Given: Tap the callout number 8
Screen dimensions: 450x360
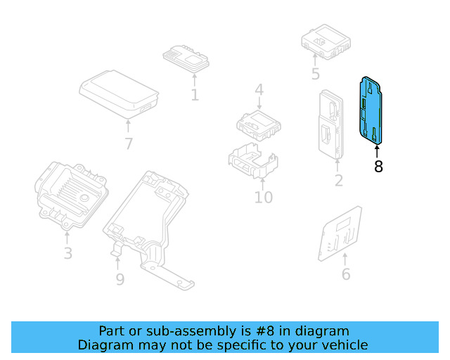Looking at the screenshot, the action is (x=378, y=167).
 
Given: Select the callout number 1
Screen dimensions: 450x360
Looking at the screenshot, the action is (x=195, y=94).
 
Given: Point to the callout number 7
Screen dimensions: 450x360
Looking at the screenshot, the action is (x=128, y=144).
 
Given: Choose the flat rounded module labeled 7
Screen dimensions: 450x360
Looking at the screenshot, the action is (x=118, y=91).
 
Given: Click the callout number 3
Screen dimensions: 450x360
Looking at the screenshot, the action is (x=67, y=252).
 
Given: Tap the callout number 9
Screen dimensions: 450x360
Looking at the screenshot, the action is (x=120, y=279).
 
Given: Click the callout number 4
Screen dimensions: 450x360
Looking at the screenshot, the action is (x=259, y=90).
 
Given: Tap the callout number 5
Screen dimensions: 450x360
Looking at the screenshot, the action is (x=315, y=73).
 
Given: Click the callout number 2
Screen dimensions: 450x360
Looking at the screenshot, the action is (x=338, y=181).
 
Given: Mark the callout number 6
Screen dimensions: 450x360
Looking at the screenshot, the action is (x=345, y=274).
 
